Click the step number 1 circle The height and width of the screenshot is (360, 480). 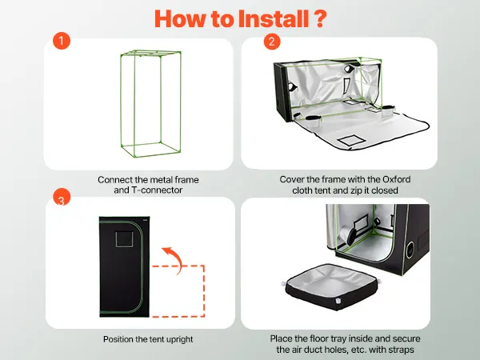(62, 41)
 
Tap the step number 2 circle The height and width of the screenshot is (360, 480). (272, 41)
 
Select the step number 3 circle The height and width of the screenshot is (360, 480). (62, 198)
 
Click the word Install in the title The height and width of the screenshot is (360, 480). (274, 19)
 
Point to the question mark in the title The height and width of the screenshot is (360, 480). (319, 19)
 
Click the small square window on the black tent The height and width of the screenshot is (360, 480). (124, 238)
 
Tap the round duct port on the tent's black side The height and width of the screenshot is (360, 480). (410, 250)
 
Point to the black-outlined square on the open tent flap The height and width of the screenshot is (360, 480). (352, 140)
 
